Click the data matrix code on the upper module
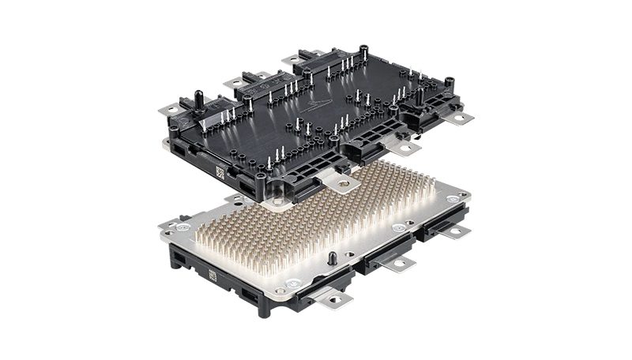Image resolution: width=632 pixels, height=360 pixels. click(x=222, y=169)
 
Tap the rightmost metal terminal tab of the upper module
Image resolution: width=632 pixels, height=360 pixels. click(x=462, y=119)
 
